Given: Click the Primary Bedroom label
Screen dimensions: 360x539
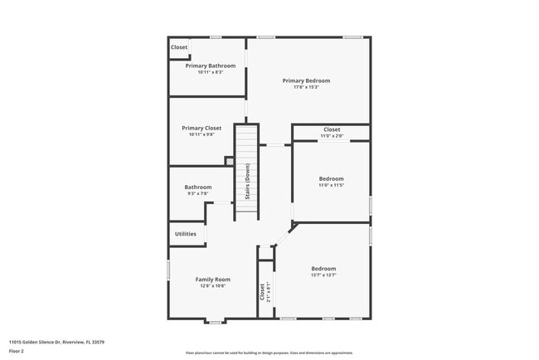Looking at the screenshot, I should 306,80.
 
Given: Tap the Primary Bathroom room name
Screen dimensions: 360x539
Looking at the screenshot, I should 210,66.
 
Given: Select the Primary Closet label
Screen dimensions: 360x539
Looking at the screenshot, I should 202,128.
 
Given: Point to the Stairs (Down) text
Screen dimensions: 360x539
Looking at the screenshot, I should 247,182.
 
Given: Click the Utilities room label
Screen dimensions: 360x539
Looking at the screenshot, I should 186,234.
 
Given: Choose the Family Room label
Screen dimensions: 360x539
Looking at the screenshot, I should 212,280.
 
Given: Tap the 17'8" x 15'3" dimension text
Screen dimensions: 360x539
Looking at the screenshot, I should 306,87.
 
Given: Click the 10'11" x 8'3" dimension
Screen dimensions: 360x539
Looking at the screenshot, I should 210,72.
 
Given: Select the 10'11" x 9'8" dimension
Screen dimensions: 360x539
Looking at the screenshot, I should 202,134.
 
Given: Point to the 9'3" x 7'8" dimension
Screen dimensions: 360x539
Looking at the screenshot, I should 197,193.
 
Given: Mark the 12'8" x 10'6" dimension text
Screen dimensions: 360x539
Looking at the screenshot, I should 212,286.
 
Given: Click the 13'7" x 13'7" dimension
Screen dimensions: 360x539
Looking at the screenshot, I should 323,275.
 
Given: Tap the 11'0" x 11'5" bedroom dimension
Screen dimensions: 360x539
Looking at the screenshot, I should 331,185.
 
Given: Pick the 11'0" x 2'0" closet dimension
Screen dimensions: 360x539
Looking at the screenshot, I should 332,136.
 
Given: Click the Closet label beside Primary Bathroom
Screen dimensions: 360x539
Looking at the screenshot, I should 179,47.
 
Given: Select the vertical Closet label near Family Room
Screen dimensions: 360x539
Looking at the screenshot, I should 262,292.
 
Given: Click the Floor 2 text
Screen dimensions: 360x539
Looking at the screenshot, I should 17,351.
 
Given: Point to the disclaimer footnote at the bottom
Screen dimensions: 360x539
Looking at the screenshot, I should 269,353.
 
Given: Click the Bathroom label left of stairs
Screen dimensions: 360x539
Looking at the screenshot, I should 197,187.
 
